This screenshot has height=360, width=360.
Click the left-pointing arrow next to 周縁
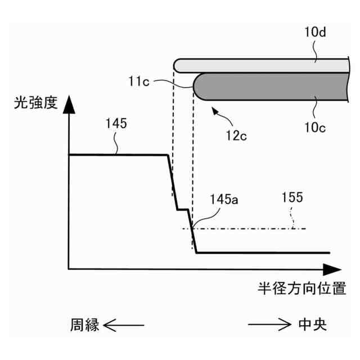click(124, 325)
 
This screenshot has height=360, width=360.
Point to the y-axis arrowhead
click(69, 104)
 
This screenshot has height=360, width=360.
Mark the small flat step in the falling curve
click(182, 210)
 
